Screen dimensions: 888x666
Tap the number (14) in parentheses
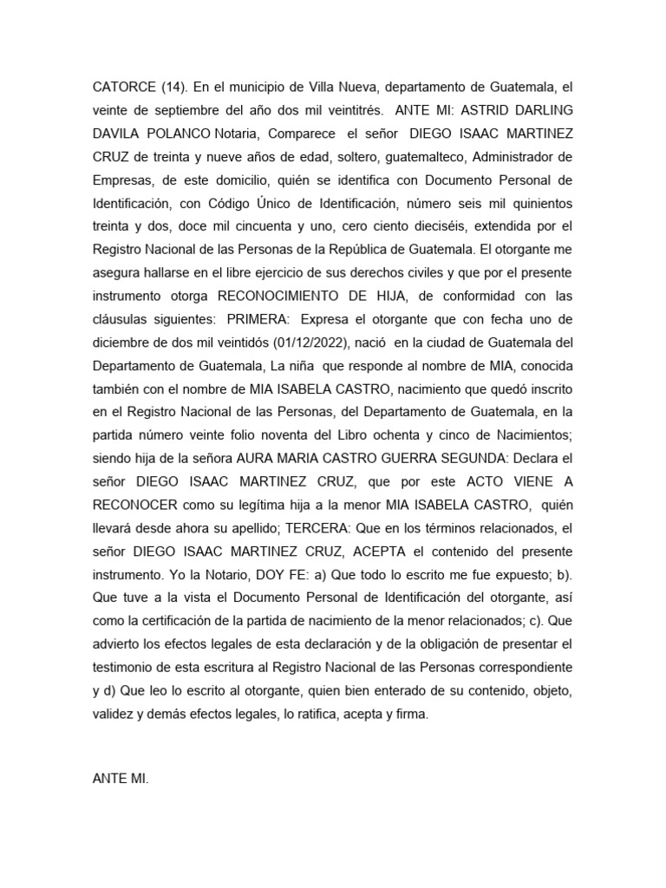point(174,88)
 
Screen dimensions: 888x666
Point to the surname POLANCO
point(175,133)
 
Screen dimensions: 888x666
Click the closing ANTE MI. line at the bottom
point(121,755)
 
